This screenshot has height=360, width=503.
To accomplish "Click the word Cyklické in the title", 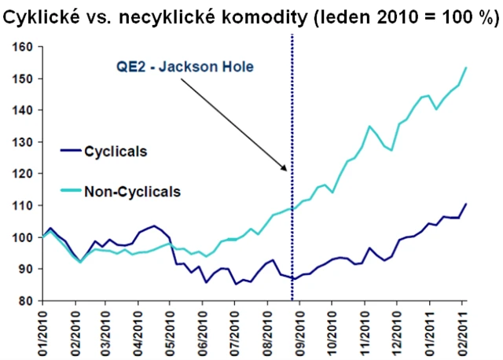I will pyautogui.click(x=40, y=16).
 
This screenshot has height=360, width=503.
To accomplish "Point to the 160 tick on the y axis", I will pyautogui.click(x=21, y=48).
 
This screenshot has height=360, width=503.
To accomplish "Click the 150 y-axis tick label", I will pyautogui.click(x=21, y=79).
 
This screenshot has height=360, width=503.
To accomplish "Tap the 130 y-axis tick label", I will pyautogui.click(x=21, y=142).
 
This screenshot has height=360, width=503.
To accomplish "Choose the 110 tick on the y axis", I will pyautogui.click(x=21, y=206).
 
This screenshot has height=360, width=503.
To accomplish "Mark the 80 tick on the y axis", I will pyautogui.click(x=24, y=301).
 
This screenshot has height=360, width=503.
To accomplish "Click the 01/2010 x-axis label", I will pyautogui.click(x=44, y=330).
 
